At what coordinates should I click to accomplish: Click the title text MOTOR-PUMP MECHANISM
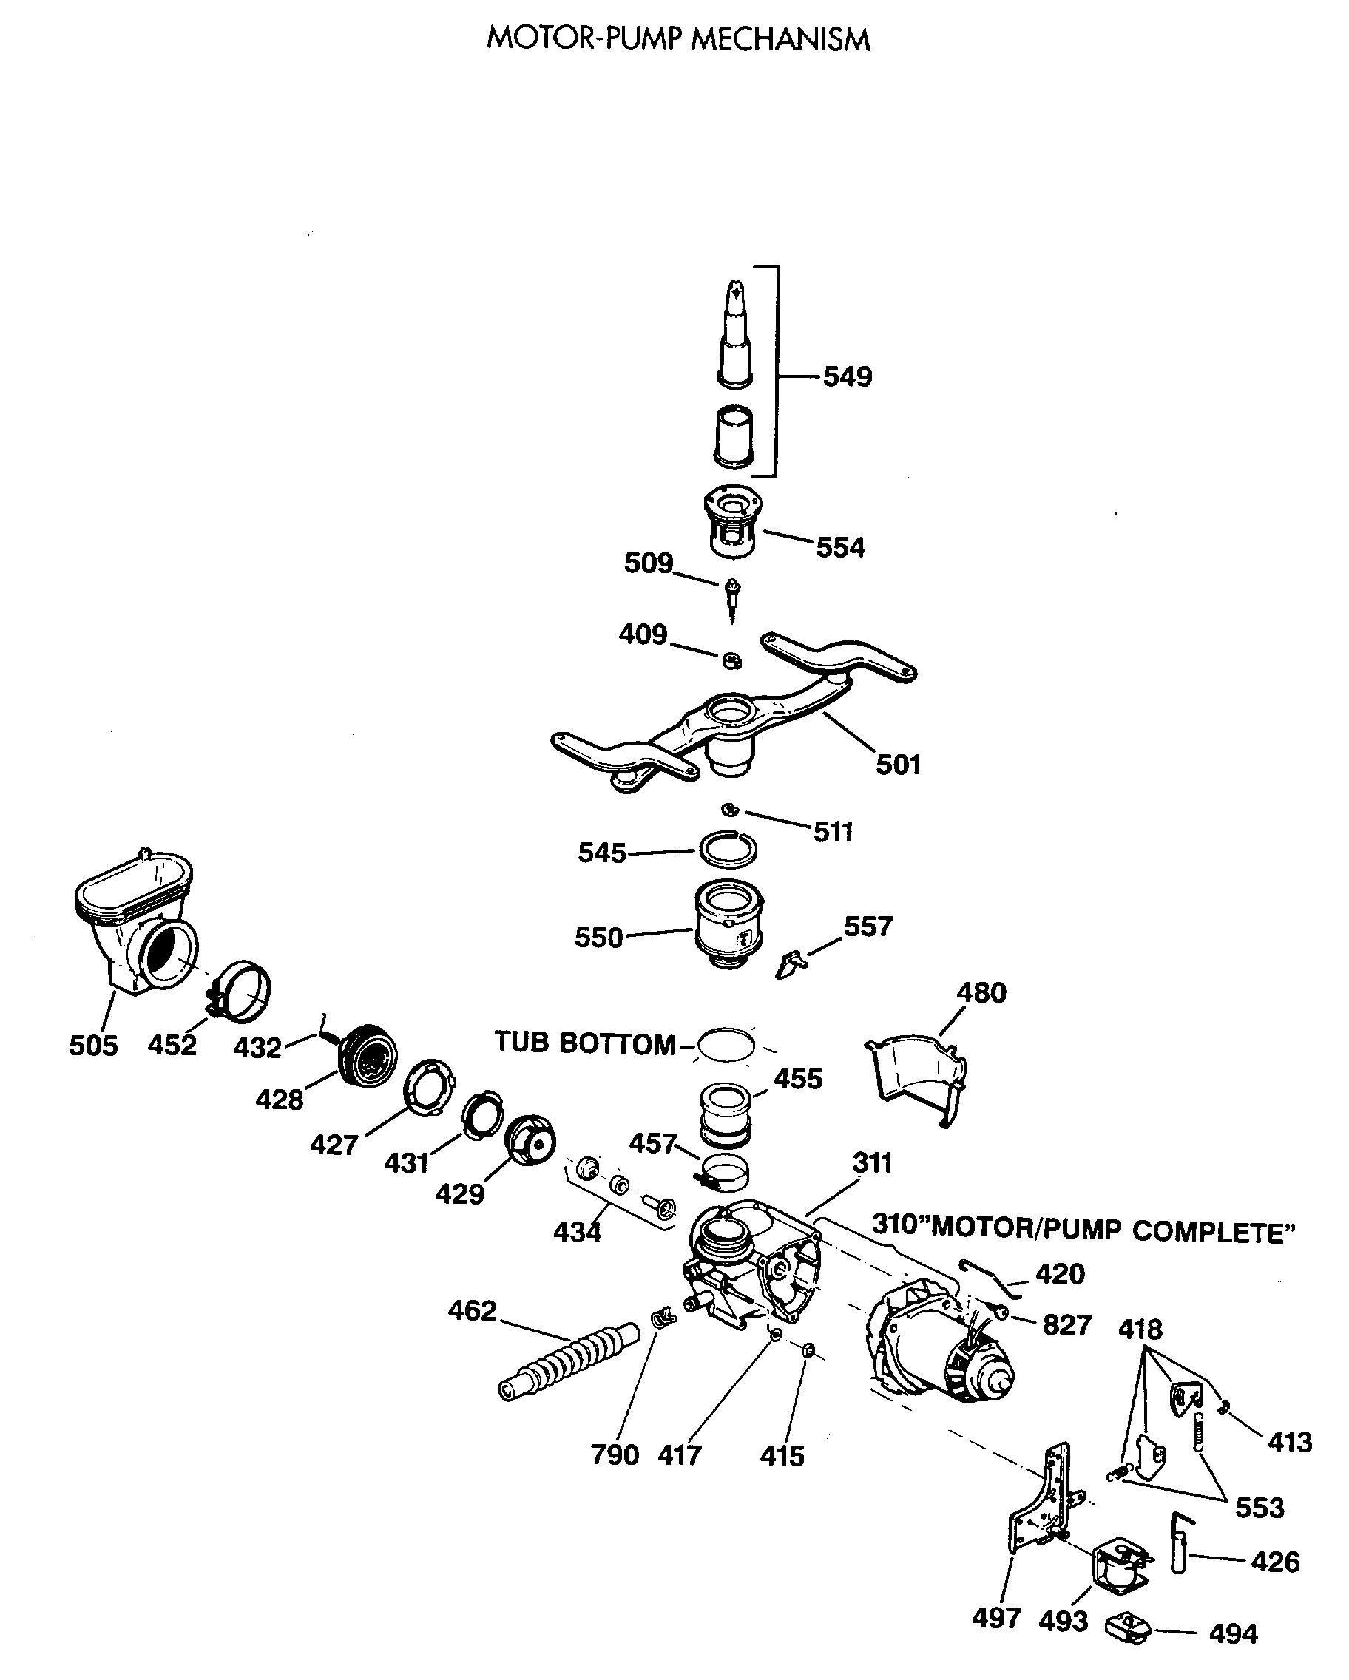coord(677,40)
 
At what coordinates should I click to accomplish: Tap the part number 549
coord(847,377)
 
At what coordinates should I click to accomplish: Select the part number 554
coord(840,548)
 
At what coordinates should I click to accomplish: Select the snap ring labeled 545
coord(728,850)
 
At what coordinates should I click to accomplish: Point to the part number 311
coord(872,1162)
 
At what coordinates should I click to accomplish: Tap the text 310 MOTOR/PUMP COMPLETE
coord(1083,1228)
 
